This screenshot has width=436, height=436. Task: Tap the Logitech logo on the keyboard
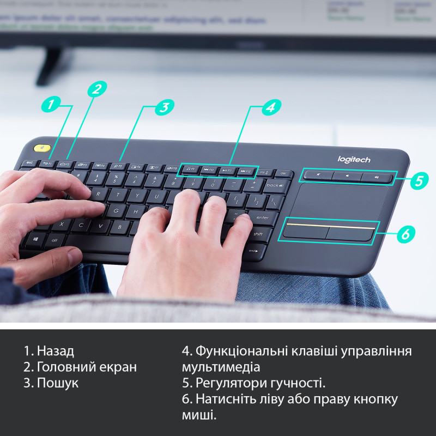coord(354,159)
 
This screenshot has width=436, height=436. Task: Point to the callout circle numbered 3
coord(163,107)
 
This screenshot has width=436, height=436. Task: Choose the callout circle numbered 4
coord(269,107)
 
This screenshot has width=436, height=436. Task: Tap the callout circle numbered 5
coord(418,180)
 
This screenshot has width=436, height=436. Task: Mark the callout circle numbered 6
coord(404,234)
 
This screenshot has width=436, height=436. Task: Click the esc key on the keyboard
coord(29,162)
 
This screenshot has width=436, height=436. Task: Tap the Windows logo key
coord(35,238)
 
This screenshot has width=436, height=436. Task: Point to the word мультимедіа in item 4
coord(221,367)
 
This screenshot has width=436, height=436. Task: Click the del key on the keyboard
coord(283,173)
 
